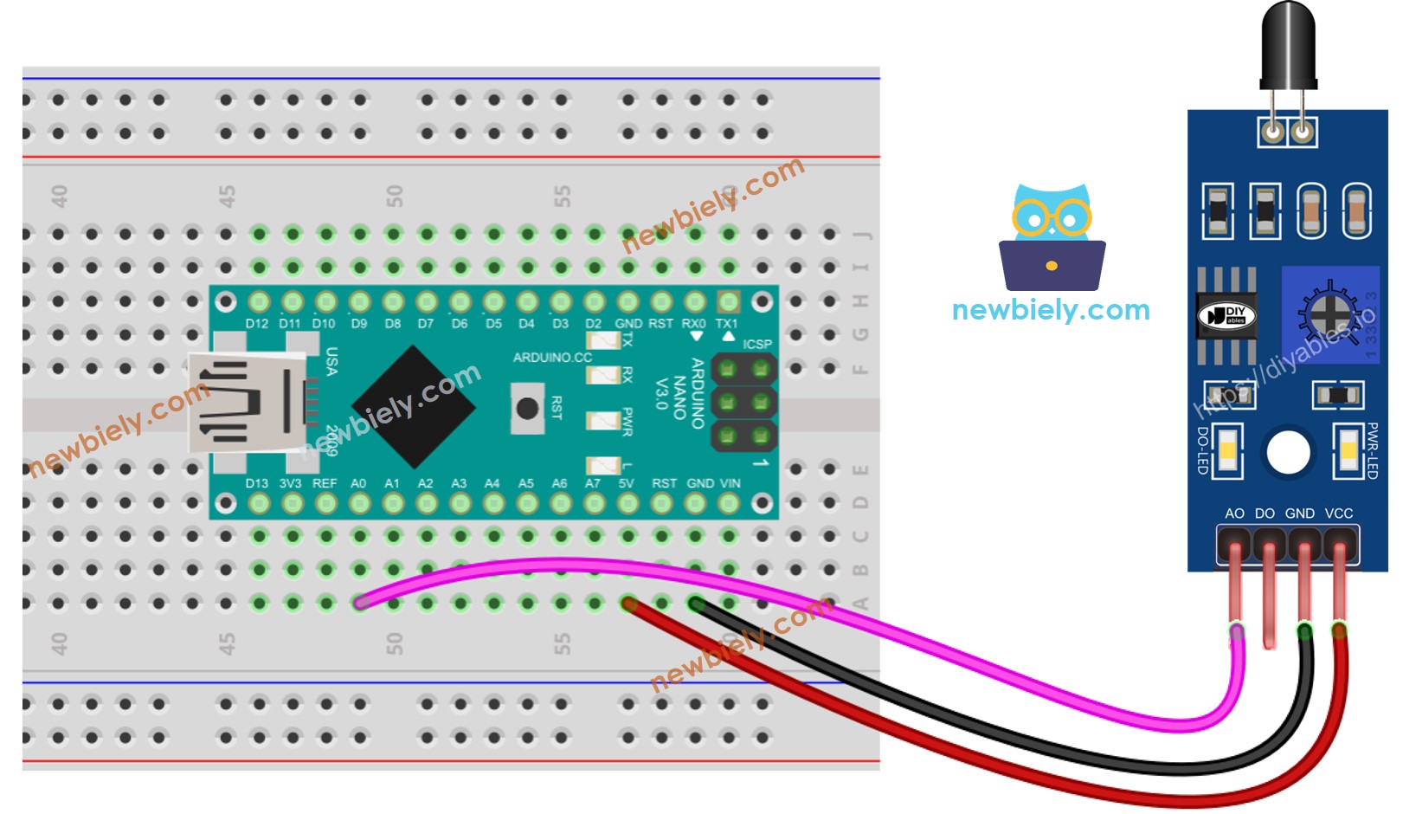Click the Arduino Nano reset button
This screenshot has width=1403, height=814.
tap(526, 409)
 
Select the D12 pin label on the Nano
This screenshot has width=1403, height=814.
tap(257, 324)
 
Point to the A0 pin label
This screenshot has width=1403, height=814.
tap(358, 483)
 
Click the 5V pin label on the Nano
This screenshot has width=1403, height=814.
tap(627, 483)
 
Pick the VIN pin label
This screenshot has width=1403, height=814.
tap(730, 483)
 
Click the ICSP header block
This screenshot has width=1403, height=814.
tap(743, 402)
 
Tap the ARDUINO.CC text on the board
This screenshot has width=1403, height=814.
tap(552, 358)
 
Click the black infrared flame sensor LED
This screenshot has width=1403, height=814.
tap(1288, 43)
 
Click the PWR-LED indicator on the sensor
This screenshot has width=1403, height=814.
tap(1348, 450)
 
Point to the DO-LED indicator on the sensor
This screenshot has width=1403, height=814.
tap(1227, 450)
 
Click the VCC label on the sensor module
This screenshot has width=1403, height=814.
tap(1338, 514)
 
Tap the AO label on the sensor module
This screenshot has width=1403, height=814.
tap(1234, 514)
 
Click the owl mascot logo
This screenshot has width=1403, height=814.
tap(1052, 236)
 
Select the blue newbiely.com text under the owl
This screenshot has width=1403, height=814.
tap(1051, 310)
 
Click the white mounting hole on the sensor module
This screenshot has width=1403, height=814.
tap(1288, 452)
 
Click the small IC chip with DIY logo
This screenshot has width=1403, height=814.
tap(1226, 316)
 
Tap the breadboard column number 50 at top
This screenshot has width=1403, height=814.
tap(395, 196)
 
